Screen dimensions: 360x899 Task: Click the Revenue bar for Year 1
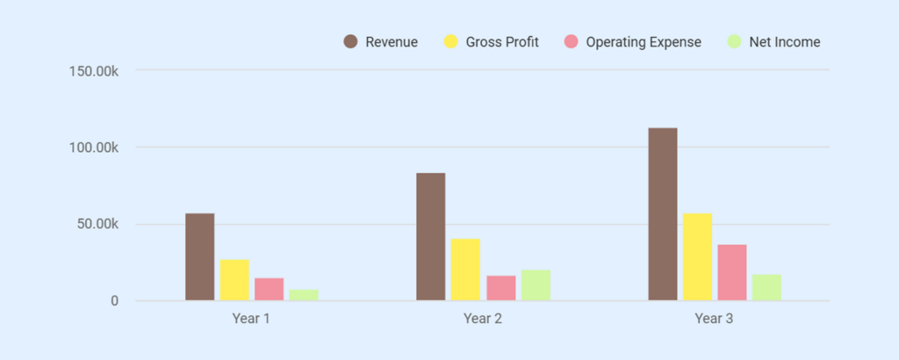[199, 257]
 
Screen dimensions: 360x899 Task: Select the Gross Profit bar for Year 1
[234, 280]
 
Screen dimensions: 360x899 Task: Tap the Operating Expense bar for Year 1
[269, 290]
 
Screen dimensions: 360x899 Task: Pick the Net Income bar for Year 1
[304, 295]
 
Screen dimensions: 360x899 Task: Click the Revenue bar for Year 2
[431, 237]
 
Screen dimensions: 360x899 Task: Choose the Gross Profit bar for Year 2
[465, 270]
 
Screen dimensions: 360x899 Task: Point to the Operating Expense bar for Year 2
[500, 289]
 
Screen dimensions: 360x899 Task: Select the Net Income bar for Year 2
[536, 285]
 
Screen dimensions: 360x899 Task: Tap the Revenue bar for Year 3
[663, 214]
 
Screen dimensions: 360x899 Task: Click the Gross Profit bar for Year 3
[697, 257]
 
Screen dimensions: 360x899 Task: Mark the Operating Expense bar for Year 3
[732, 273]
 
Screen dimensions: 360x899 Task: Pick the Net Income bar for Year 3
[766, 288]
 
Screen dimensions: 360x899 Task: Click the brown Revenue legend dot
[351, 42]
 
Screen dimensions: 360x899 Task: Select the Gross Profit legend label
[502, 42]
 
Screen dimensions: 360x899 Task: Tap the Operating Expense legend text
[644, 42]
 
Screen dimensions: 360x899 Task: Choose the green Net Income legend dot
[735, 42]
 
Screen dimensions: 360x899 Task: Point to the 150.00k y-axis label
[94, 70]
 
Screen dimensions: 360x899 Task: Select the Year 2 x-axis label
[483, 319]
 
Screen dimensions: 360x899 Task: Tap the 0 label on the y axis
[114, 301]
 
